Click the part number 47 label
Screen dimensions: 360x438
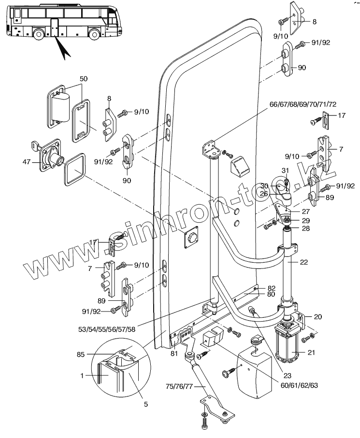point(26,161)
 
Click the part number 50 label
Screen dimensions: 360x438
point(83,79)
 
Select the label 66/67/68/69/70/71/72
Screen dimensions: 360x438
point(303,104)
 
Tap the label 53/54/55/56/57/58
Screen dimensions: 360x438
point(107,329)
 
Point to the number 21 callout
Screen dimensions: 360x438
point(311,353)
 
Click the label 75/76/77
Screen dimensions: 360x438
point(179,386)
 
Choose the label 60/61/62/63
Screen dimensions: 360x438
point(299,385)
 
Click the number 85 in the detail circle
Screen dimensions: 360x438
point(81,354)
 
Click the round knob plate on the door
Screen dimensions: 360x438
point(191,237)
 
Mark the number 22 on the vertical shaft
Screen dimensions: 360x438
point(303,262)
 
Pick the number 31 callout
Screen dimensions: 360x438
point(285,170)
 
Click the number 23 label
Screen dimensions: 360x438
point(288,375)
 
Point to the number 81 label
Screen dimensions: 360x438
point(174,353)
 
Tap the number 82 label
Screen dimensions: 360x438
point(272,288)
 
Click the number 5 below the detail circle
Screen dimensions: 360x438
point(145,404)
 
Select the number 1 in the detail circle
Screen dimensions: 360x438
point(82,376)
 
